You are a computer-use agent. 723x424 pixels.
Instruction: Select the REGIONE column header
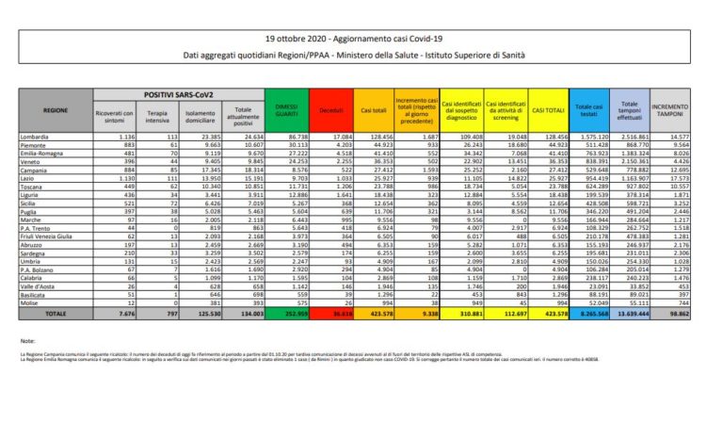point(56,110)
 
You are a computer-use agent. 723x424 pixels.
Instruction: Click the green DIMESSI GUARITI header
point(284,110)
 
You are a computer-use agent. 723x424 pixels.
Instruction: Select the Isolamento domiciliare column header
point(195,116)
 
